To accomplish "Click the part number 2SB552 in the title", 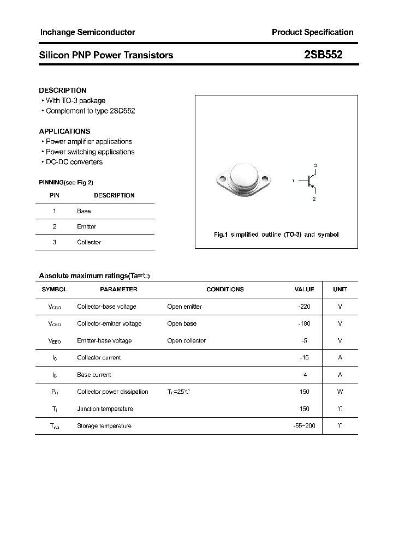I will click(323, 55).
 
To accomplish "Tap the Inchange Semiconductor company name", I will click(87, 32).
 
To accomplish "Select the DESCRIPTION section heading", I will click(63, 91).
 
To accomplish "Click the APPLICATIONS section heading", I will click(64, 131).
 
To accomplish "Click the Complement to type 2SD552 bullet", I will click(90, 111).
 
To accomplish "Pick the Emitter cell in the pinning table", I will click(86, 226).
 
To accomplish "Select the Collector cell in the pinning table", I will click(88, 242).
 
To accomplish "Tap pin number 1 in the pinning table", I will click(55, 211).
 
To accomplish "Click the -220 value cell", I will click(304, 307).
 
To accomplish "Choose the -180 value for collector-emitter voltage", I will click(304, 323).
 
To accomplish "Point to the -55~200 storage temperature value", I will click(304, 425).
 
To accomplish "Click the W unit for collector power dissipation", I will click(340, 392).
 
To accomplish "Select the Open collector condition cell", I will click(186, 340).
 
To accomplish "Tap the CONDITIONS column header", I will click(225, 289).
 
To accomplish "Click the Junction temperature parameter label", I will click(105, 409).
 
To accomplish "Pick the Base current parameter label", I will click(94, 375).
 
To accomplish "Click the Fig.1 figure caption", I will click(276, 235).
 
